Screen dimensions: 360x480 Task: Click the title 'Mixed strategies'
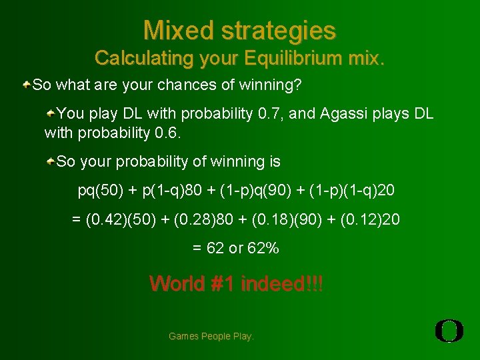(x=239, y=30)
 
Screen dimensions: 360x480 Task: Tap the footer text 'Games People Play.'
(x=211, y=337)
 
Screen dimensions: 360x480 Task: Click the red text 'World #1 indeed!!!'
(x=236, y=283)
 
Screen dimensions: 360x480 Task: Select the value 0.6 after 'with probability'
(x=167, y=133)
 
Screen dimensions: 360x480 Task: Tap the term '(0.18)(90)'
(x=278, y=219)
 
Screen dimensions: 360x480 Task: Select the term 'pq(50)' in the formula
(x=101, y=191)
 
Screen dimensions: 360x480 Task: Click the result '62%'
(x=263, y=248)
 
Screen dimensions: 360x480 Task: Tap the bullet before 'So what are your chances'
(x=26, y=85)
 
